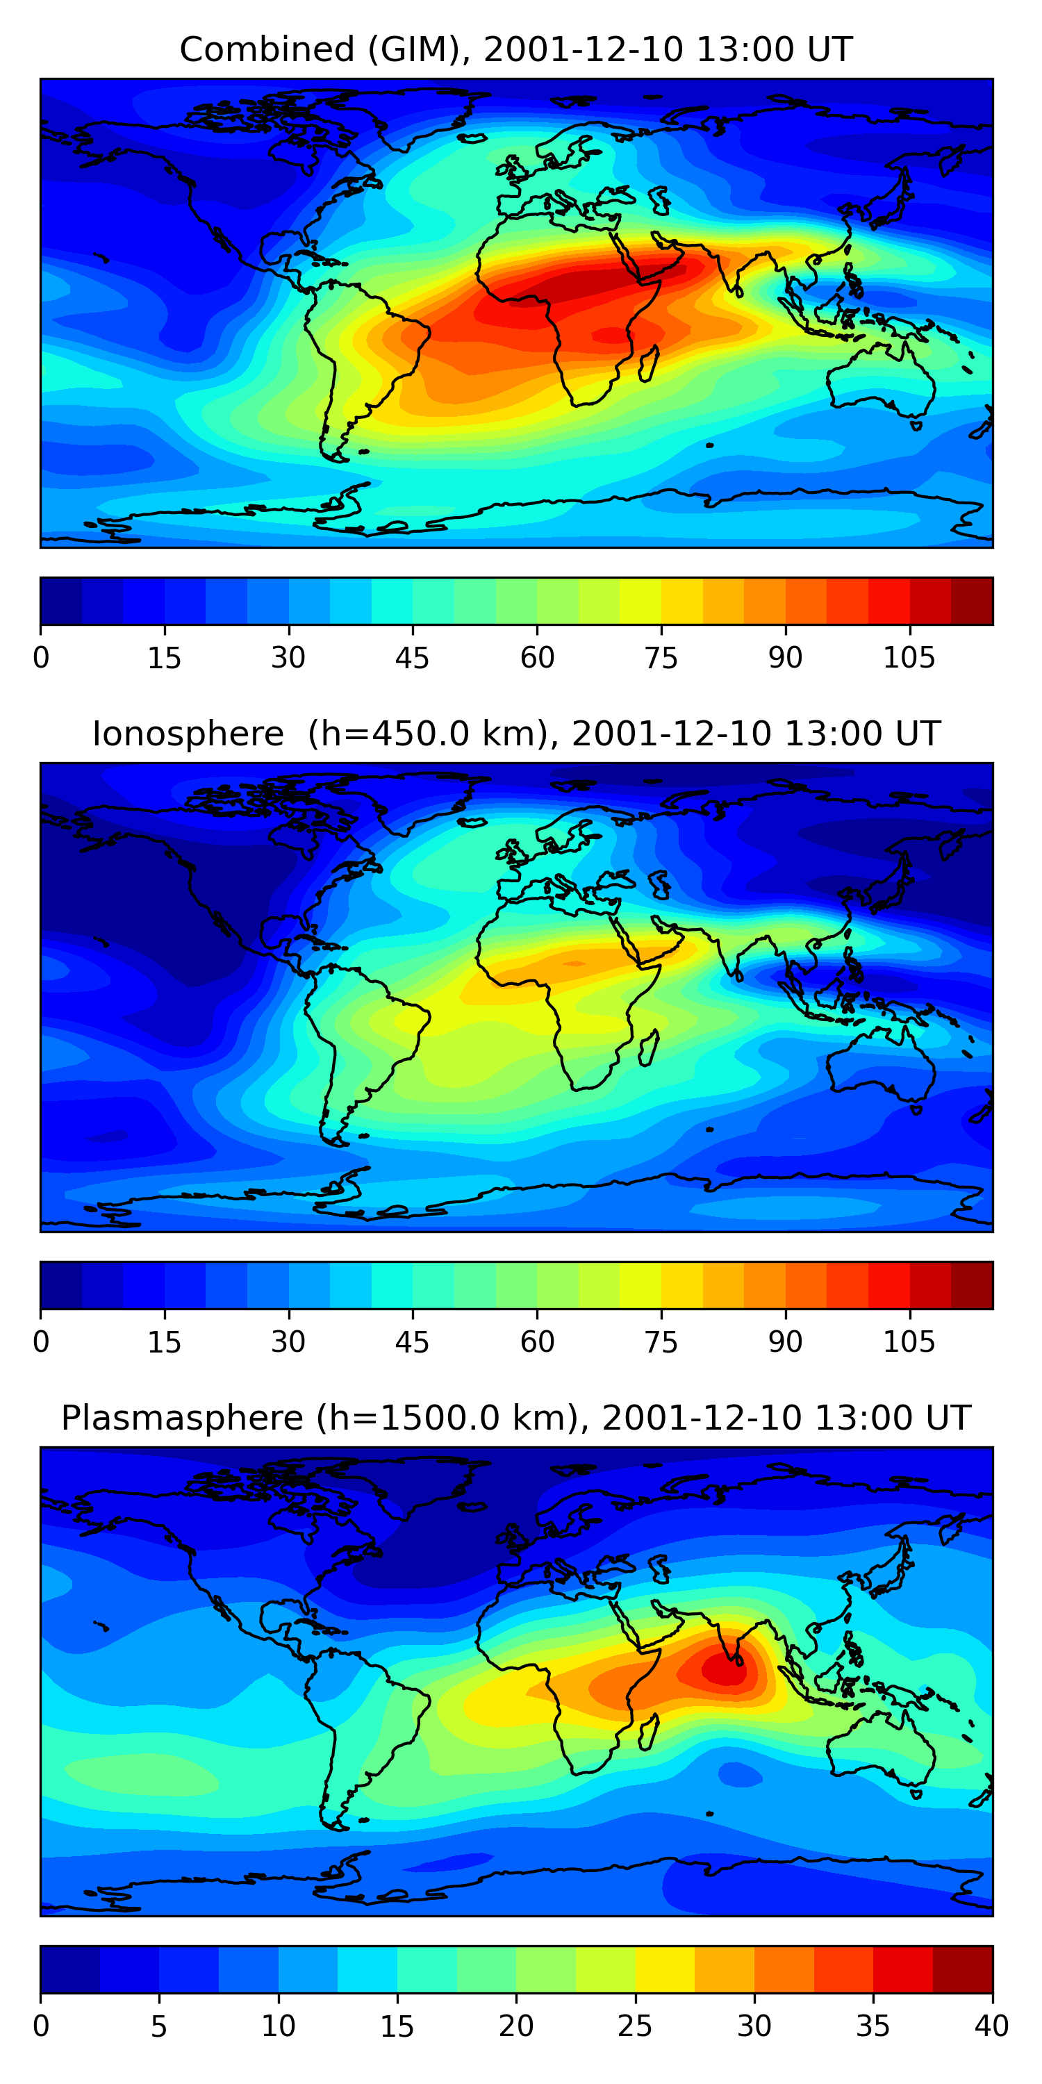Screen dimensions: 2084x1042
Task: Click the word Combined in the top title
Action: coord(267,50)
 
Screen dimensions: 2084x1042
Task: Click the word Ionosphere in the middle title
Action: coord(188,734)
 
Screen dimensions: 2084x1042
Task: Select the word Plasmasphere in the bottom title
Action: coord(182,1419)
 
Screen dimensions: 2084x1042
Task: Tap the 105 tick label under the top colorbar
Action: coord(909,659)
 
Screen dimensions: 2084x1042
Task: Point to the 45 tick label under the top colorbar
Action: coord(412,659)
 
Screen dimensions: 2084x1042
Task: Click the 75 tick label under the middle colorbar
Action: coord(661,1342)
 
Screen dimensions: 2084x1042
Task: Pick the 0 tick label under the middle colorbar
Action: coord(41,1342)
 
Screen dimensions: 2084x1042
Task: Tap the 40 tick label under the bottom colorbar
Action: coord(991,2026)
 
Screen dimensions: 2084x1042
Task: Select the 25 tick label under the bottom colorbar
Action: coord(635,2026)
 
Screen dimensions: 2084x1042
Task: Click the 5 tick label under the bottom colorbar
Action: coord(158,2026)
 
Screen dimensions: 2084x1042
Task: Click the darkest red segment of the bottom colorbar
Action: coord(963,1969)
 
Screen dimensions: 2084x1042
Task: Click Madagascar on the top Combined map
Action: coord(649,364)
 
